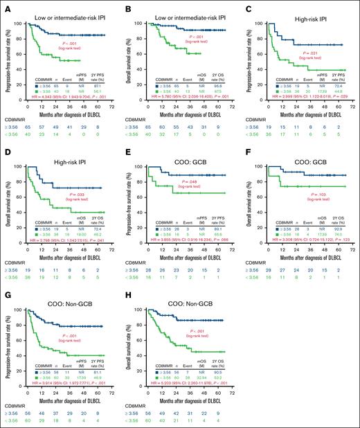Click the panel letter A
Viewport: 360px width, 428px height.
pyautogui.click(x=4, y=5)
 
